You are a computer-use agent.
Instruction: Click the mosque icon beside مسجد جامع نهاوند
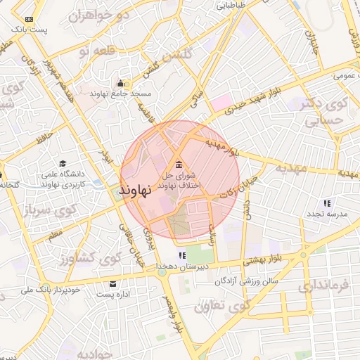tap(120, 82)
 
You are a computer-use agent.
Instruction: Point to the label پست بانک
tap(30, 30)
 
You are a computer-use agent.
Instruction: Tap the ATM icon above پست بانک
tap(29, 19)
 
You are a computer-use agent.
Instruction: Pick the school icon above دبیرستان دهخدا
tap(181, 255)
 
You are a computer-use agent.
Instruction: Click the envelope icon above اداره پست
tap(112, 283)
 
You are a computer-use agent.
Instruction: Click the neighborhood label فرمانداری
tap(323, 286)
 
